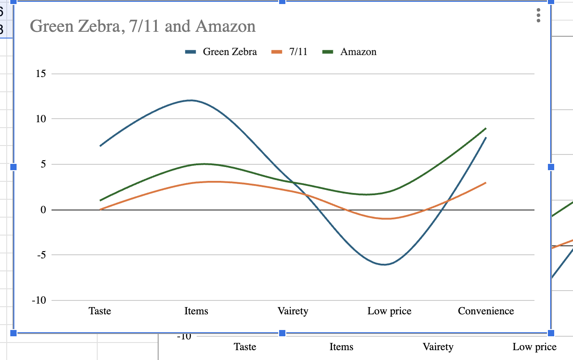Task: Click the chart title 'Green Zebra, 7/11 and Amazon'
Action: (142, 26)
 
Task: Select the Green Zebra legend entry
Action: (221, 52)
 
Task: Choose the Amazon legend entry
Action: (350, 52)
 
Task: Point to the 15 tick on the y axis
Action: (41, 73)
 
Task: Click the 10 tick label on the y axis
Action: (41, 119)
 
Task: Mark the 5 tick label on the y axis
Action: (43, 164)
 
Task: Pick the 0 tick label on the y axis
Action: (43, 210)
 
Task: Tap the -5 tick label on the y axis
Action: (41, 255)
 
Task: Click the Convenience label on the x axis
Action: (486, 311)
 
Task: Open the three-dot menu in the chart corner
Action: (538, 15)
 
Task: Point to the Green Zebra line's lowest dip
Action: (384, 265)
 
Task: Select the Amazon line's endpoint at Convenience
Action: (486, 129)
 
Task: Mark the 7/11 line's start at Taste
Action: (100, 209)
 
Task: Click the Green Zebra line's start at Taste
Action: (100, 146)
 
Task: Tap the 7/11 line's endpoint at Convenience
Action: (486, 183)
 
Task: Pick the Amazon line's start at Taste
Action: (100, 200)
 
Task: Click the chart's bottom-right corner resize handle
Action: (551, 333)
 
